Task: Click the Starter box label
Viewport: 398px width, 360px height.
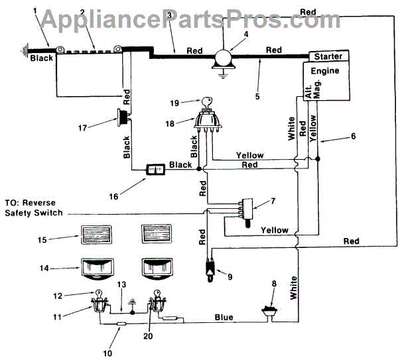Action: [x=328, y=56]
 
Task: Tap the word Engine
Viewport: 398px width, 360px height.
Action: [x=325, y=71]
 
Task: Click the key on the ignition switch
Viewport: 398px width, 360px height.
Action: [x=207, y=102]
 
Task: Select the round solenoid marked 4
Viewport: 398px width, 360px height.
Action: [x=224, y=58]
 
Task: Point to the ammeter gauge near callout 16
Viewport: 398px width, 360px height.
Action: [x=156, y=169]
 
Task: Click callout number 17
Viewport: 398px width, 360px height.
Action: [x=82, y=127]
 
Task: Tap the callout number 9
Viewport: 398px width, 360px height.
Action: [x=230, y=276]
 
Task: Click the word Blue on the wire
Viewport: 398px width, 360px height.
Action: [x=224, y=317]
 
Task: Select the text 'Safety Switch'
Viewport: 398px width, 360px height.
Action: [x=34, y=213]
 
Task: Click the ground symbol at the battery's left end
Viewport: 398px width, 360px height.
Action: [x=25, y=51]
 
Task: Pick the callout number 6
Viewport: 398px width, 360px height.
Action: [x=354, y=136]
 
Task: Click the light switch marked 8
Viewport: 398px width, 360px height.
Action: [x=269, y=312]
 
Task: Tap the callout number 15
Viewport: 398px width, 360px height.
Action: [x=42, y=240]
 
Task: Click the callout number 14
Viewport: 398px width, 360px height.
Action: [x=44, y=268]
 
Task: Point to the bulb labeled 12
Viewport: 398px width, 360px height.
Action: [x=98, y=294]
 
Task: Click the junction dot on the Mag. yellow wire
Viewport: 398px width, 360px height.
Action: [x=318, y=159]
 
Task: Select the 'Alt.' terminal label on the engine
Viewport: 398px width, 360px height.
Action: [x=308, y=92]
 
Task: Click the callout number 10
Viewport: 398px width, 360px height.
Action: [x=107, y=353]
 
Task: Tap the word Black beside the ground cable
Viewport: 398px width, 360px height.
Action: [x=42, y=58]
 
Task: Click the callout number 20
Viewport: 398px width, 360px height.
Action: [x=148, y=336]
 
